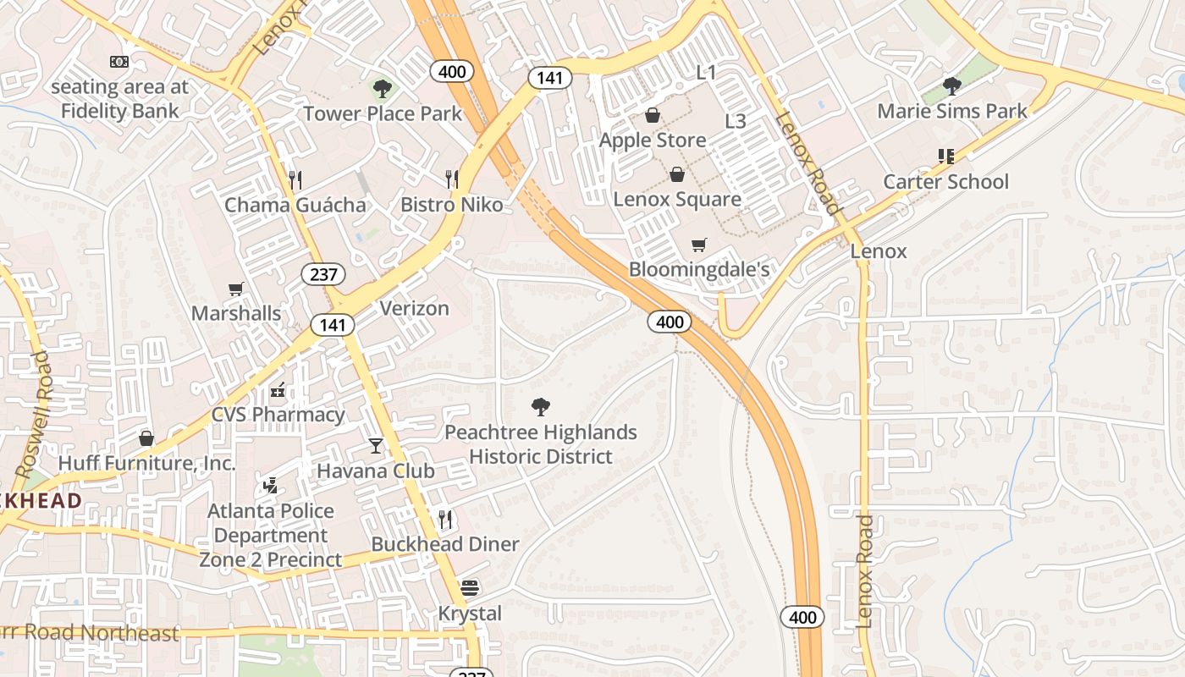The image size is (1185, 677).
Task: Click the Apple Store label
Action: pos(652,140)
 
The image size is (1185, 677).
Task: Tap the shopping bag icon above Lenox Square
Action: pos(676,174)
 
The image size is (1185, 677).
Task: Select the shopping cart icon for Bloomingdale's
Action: pos(698,245)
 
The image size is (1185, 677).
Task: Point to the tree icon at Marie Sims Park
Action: pos(952,85)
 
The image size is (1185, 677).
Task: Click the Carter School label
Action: pos(945,182)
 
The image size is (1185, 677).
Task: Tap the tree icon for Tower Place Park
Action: pos(383,87)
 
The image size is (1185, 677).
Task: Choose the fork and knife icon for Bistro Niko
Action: pos(452,179)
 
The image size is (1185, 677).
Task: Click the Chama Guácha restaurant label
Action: pos(295,205)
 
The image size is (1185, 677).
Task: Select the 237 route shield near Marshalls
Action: pos(323,273)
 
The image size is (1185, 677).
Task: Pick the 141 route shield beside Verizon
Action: pos(332,325)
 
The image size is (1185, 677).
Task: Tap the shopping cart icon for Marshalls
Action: pos(236,289)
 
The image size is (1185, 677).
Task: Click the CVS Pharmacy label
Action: pos(278,415)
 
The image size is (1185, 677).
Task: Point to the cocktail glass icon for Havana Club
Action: pos(376,445)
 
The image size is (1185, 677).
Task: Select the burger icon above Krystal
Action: pos(470,587)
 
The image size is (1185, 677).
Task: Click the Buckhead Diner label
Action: pos(444,544)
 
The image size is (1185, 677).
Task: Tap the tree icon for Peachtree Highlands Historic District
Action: pos(540,407)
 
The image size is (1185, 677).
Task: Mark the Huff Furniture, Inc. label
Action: pos(146,464)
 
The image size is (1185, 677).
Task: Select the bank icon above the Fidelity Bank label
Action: pos(119,62)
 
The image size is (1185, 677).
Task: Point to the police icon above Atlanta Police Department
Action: pos(270,486)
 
